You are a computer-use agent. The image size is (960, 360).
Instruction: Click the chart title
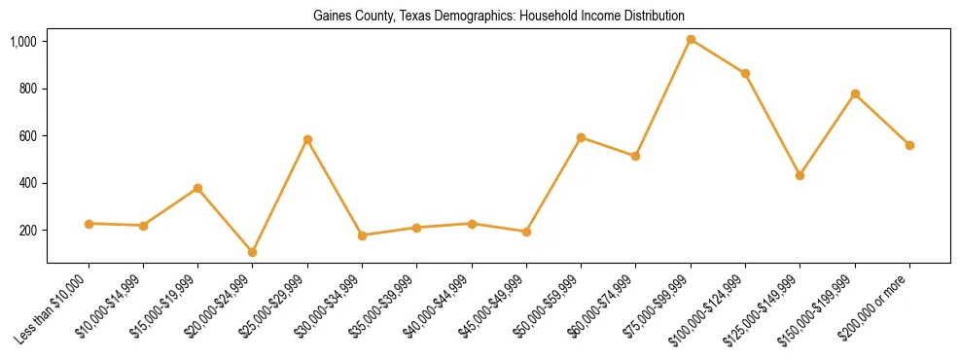click(498, 16)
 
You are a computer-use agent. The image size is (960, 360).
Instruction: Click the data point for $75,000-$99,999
click(691, 40)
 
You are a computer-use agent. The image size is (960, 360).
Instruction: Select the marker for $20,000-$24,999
click(253, 252)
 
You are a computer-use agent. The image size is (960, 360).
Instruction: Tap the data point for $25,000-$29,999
click(307, 140)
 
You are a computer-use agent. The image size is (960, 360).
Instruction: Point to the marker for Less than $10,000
click(89, 224)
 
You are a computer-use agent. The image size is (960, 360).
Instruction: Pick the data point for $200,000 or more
click(909, 145)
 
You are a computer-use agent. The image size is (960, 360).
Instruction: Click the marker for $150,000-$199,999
click(855, 94)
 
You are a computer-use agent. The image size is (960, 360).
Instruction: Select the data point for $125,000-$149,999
click(800, 175)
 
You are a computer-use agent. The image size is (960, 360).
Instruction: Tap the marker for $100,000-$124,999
click(745, 74)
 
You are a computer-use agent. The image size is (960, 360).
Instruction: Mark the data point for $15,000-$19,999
click(197, 188)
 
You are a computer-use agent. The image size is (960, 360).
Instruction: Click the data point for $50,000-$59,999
click(581, 137)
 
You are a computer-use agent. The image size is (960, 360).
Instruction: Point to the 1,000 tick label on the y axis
click(23, 42)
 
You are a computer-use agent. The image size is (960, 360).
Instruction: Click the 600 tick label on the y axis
click(28, 136)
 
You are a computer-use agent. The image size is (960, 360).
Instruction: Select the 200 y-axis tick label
click(28, 231)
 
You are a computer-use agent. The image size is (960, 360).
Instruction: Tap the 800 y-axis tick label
click(28, 89)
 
